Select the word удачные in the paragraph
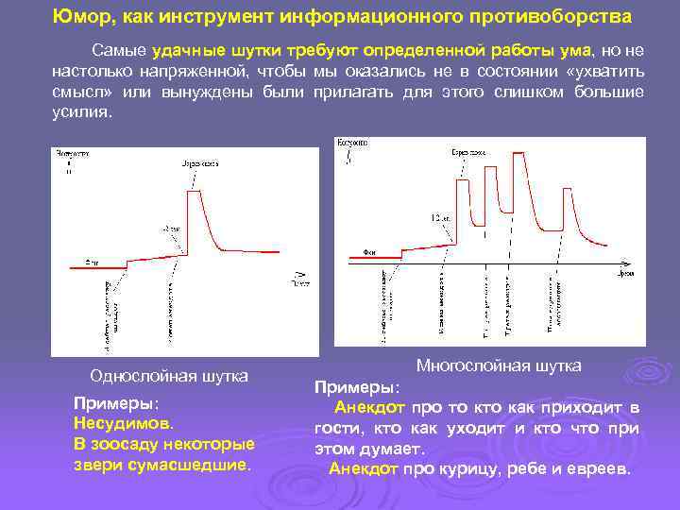[x=186, y=49]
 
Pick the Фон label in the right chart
[x=369, y=252]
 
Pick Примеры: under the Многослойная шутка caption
[x=356, y=388]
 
